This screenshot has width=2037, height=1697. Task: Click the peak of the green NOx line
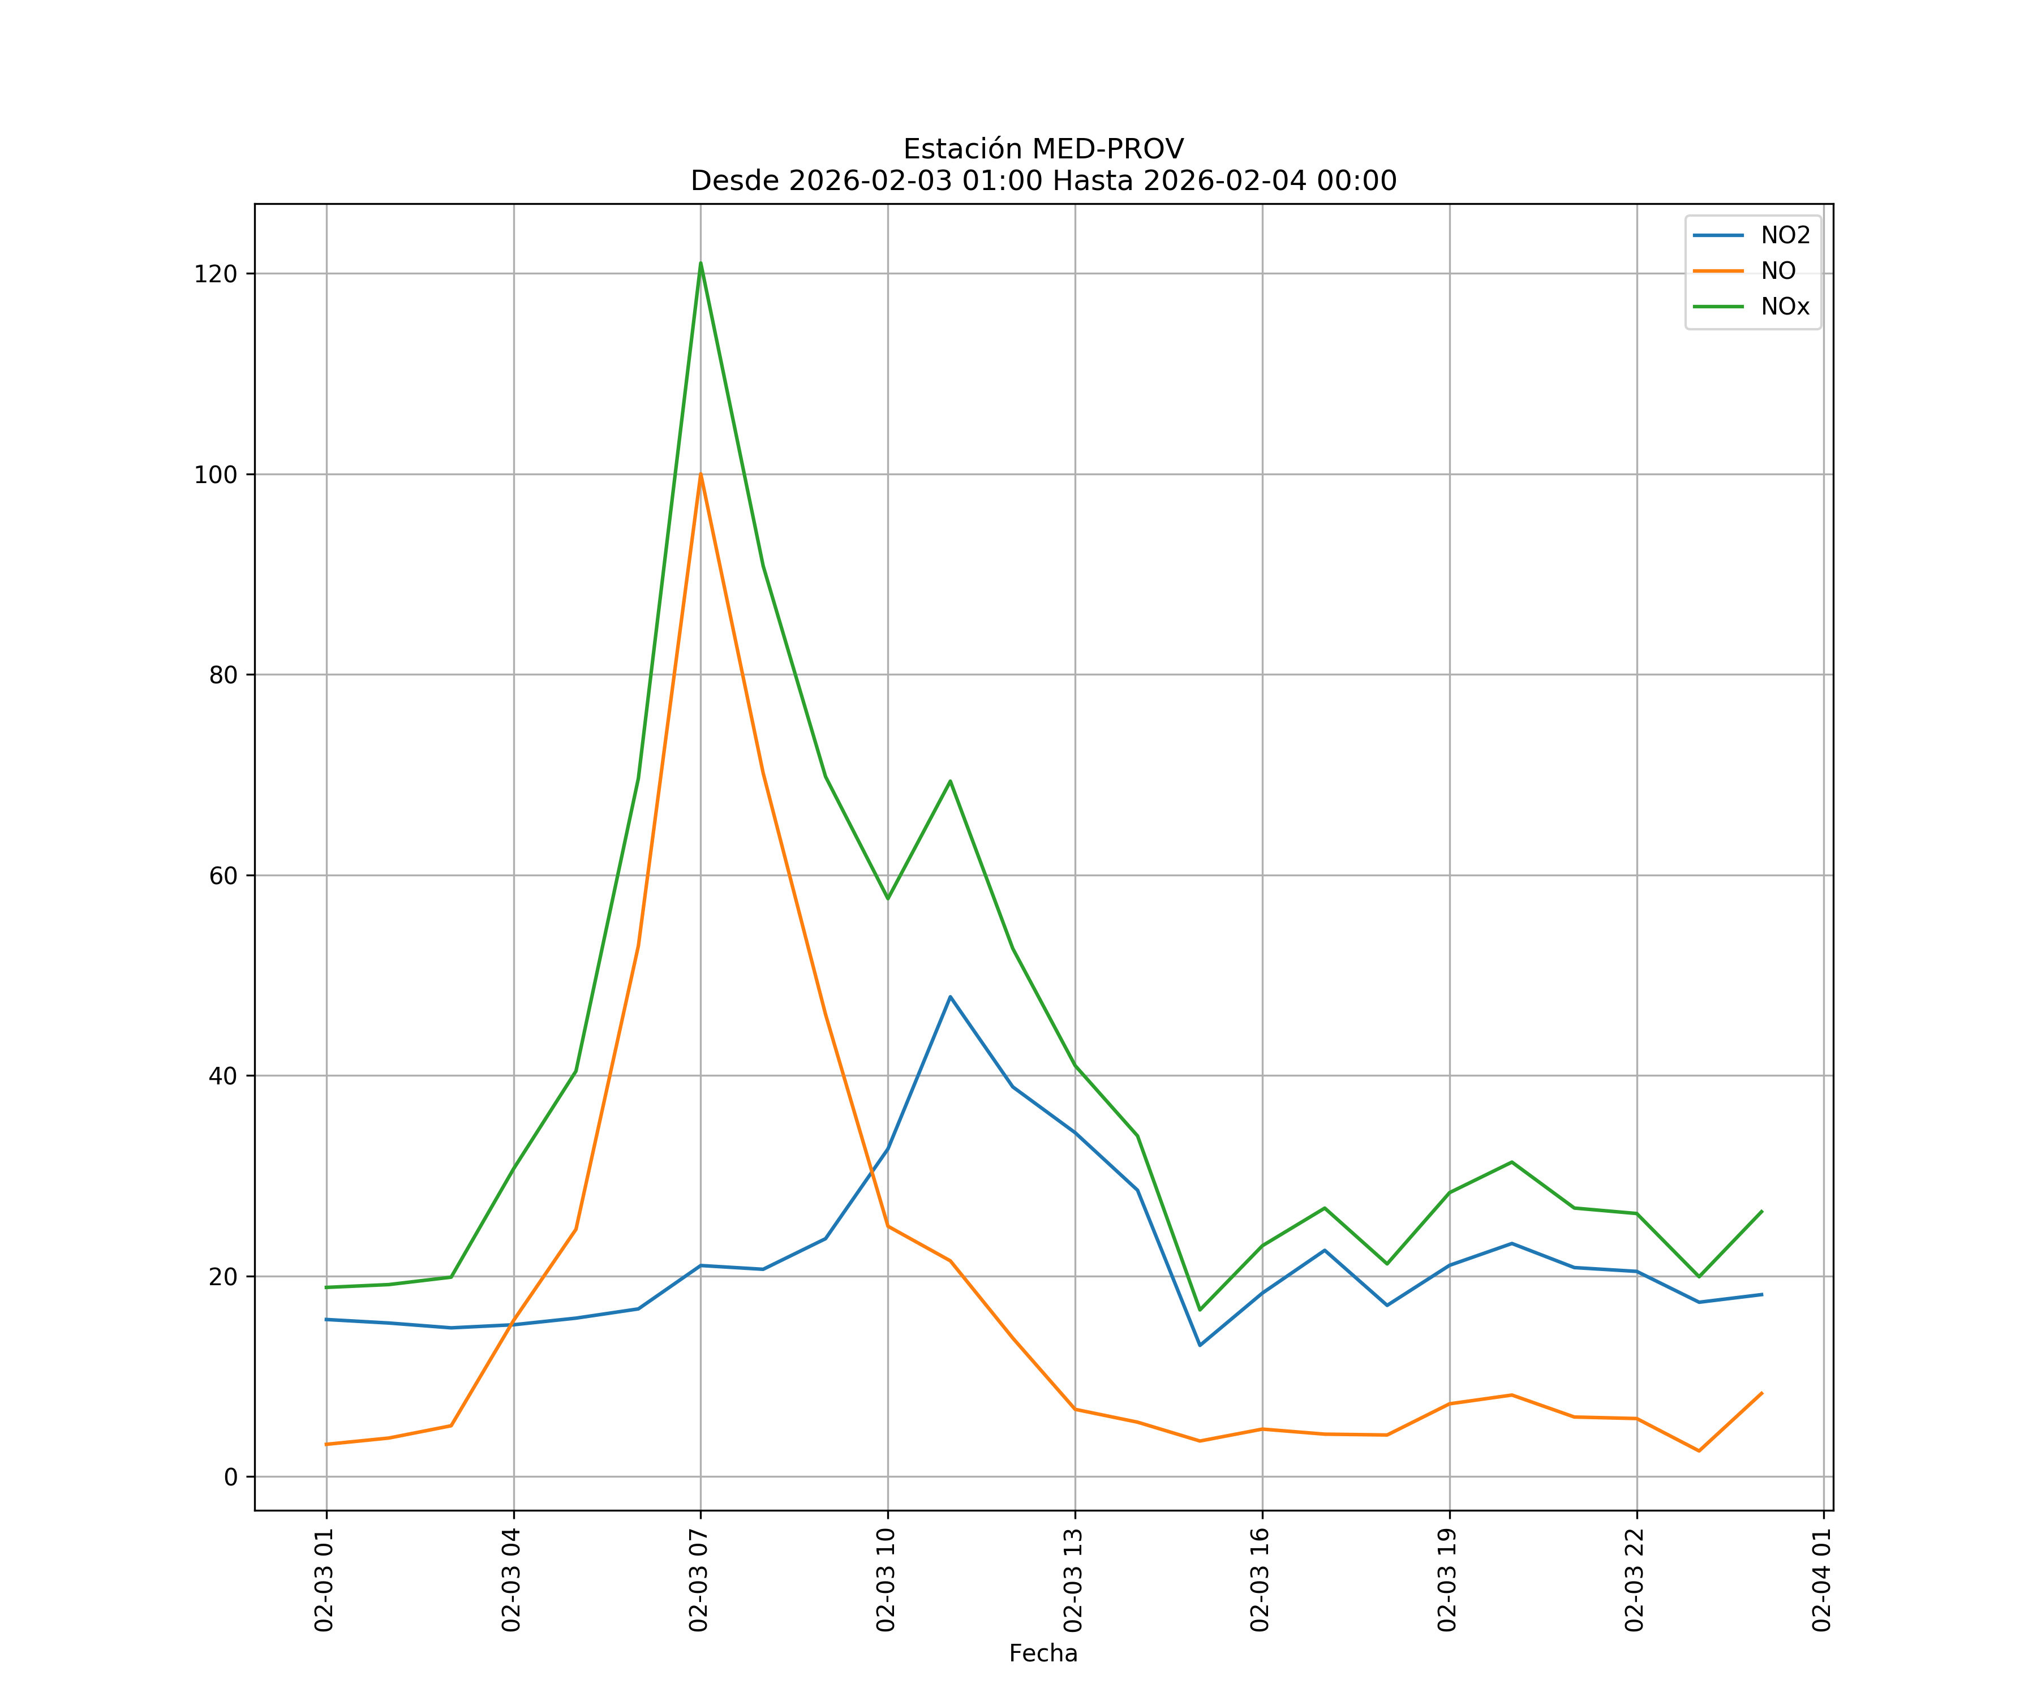(701, 264)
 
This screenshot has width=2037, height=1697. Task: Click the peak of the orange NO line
(701, 475)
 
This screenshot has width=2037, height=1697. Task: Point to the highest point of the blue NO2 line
(949, 997)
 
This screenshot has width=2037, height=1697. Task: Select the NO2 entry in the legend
(1785, 236)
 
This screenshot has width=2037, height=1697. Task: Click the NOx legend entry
(1785, 307)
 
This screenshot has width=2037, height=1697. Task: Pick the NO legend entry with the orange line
(1778, 272)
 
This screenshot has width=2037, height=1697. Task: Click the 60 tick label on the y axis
(223, 876)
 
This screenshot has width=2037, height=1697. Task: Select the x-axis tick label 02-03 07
(698, 1580)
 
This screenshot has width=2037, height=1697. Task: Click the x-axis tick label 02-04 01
(1821, 1580)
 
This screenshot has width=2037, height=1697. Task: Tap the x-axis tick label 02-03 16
(1260, 1580)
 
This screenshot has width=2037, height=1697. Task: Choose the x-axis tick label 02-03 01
(324, 1580)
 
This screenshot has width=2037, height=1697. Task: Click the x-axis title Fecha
(1043, 1653)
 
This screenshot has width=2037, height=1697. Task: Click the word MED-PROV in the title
(1108, 149)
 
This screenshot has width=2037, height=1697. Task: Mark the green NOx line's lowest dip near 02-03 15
(1200, 1310)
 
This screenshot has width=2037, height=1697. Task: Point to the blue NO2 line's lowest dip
(1200, 1345)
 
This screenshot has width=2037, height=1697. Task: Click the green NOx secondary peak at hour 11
(949, 781)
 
